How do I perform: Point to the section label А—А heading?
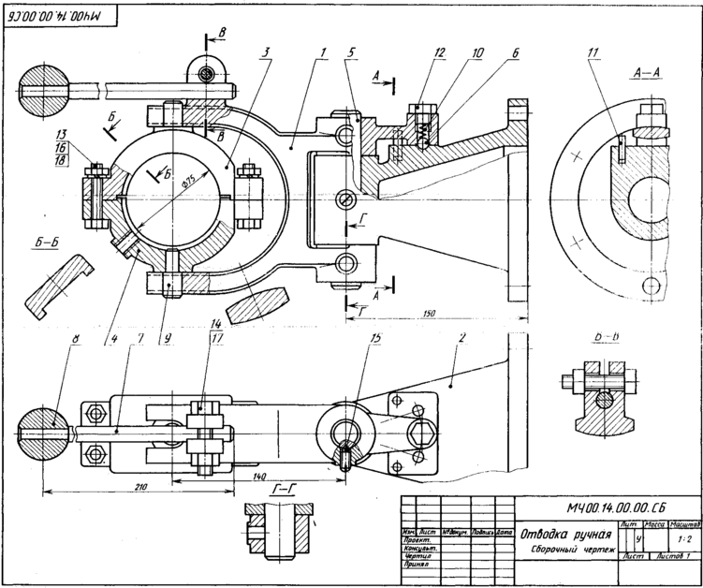[647, 71]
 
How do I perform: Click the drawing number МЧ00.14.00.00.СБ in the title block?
[613, 507]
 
